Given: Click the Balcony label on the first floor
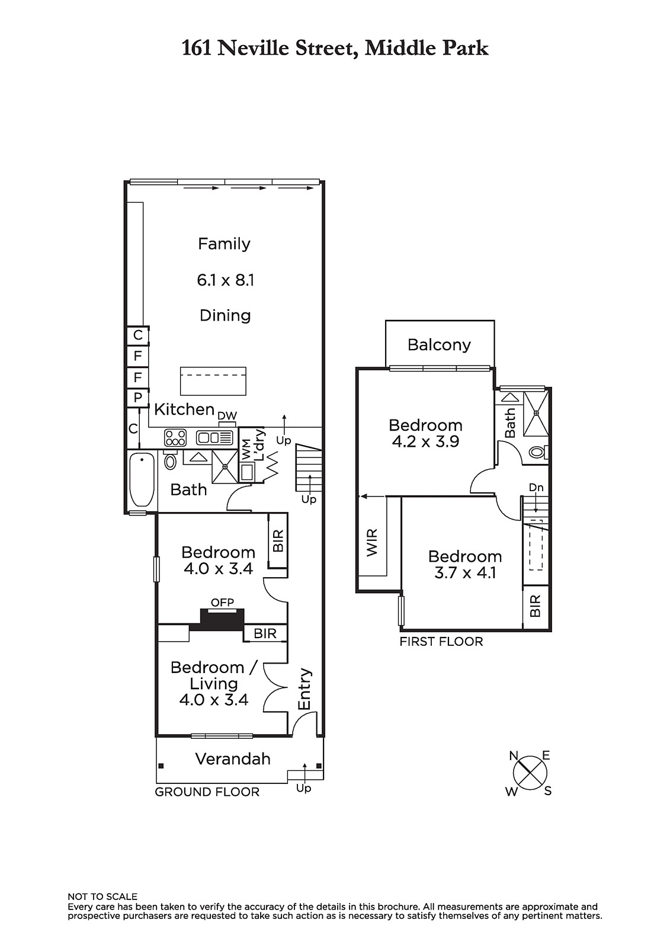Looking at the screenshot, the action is point(439,345).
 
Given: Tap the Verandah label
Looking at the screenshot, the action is point(233,759).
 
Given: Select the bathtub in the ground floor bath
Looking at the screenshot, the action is point(142,479).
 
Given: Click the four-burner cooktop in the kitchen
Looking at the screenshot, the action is point(175,437).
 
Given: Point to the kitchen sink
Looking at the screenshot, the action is point(214,438).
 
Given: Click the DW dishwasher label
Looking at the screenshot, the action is point(227,415).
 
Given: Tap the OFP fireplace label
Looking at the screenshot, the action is point(222,602).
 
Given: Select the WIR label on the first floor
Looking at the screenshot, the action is point(371,543).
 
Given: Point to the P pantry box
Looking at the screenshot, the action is point(137,398).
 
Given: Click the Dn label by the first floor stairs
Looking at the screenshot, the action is point(536,488).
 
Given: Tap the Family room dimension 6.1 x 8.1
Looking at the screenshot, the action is point(225,280).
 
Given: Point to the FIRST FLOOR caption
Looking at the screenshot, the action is point(441,642).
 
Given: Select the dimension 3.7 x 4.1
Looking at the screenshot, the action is point(464,573).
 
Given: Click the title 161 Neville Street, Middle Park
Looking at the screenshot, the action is point(335,48).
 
